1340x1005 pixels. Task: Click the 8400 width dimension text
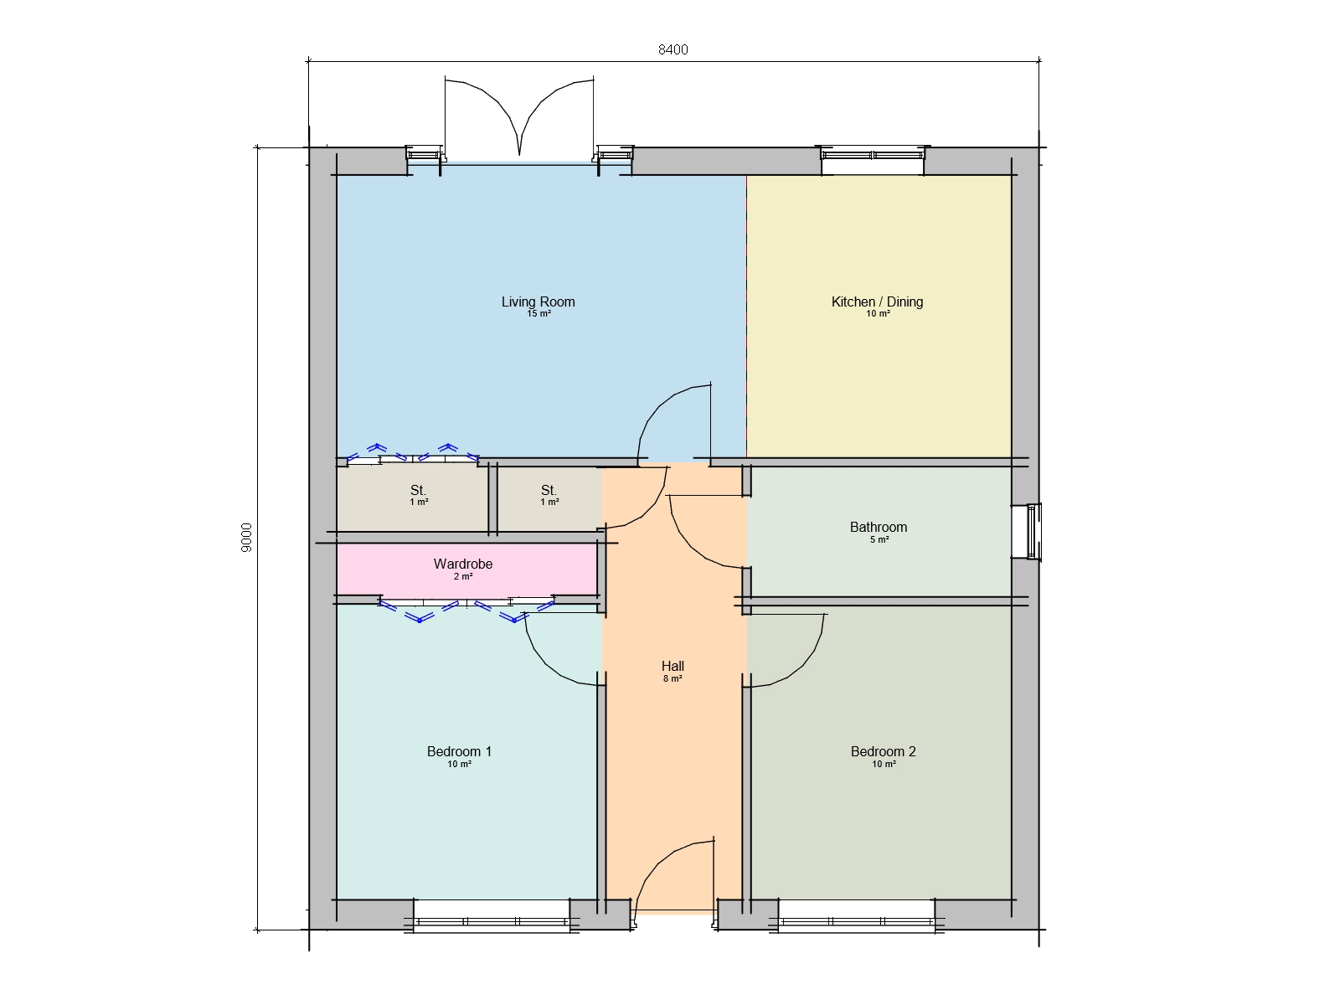coord(673,49)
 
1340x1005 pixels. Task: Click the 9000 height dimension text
coord(246,538)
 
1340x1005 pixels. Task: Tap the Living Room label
coord(538,301)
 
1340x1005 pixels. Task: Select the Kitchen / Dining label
coord(877,301)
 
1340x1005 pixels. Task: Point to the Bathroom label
coord(878,527)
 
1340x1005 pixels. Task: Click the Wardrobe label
coord(462,564)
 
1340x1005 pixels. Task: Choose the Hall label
coord(673,666)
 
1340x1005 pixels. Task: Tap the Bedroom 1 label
coord(459,751)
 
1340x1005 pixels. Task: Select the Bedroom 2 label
coord(883,751)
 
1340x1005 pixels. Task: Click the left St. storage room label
coord(418,490)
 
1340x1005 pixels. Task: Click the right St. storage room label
coord(549,490)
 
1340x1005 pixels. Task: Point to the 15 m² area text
coord(539,314)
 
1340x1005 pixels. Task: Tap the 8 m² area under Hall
coord(673,678)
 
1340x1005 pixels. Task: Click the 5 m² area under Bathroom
coord(879,539)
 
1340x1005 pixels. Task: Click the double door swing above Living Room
coord(519,117)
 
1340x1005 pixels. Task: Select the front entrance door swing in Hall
coord(675,875)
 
